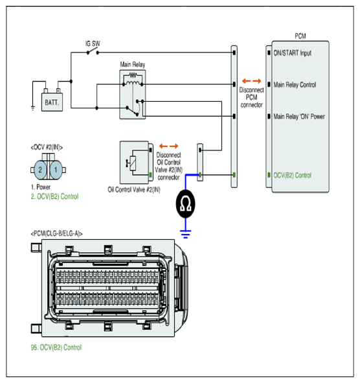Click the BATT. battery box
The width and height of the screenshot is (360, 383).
(x=52, y=102)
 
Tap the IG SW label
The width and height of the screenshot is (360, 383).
(x=93, y=43)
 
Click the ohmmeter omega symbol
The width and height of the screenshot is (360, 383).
(x=185, y=203)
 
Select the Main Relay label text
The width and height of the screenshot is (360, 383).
(x=133, y=65)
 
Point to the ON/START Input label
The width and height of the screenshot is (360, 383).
(x=293, y=53)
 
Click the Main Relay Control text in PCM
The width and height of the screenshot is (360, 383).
(x=295, y=85)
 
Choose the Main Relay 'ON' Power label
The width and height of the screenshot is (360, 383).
(x=299, y=117)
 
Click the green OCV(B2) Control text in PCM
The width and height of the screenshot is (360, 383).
(x=293, y=175)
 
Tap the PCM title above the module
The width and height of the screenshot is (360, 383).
(x=300, y=36)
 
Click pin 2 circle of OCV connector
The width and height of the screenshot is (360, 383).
(x=40, y=170)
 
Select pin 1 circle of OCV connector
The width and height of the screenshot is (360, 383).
(x=56, y=170)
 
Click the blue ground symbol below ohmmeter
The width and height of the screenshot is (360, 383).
(x=185, y=234)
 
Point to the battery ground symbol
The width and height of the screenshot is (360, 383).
(x=33, y=108)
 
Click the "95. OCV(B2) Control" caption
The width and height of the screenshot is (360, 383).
(x=56, y=347)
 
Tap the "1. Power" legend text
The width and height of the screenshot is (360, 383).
(x=41, y=187)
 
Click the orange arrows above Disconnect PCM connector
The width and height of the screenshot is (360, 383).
(x=251, y=81)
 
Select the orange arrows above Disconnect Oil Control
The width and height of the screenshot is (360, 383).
(x=168, y=146)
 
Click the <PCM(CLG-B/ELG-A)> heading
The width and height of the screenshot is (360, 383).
(x=56, y=234)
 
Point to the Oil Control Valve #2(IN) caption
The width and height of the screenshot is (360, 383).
(x=134, y=189)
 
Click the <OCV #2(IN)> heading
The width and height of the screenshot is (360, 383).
(x=47, y=147)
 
